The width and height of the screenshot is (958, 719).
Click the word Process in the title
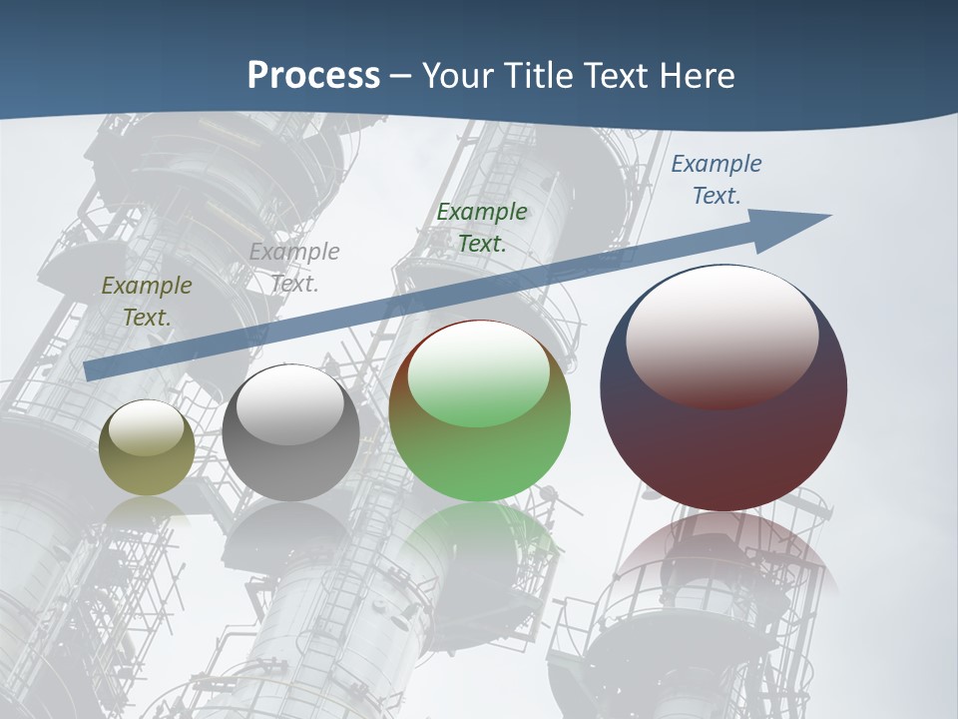(313, 76)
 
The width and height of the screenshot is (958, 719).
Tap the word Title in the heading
(536, 76)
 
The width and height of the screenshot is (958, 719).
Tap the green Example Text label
(482, 228)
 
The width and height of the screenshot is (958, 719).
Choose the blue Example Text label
(717, 180)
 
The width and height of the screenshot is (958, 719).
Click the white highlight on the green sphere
(479, 374)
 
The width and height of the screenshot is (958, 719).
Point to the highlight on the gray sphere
(290, 404)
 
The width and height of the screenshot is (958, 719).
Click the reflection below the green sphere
(480, 544)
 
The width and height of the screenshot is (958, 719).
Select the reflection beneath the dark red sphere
(723, 559)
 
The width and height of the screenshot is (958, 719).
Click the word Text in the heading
(615, 76)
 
